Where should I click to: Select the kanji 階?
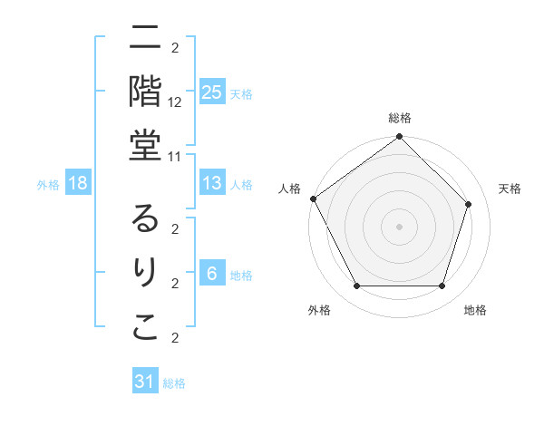coord(145,91)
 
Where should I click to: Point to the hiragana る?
coord(145,220)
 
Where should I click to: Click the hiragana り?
coord(145,274)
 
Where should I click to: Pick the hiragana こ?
coord(145,327)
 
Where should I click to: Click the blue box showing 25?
coord(211,92)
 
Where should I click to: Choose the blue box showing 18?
coord(78,184)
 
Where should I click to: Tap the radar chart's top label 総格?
coord(399,118)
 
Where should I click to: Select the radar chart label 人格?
coord(290,189)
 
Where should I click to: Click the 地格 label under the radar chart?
coord(475,310)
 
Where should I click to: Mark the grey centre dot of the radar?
coord(399,226)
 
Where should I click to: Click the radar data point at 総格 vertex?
coord(399,138)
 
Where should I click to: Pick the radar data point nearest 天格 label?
coord(469,205)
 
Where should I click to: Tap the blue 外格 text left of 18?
coord(48,185)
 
